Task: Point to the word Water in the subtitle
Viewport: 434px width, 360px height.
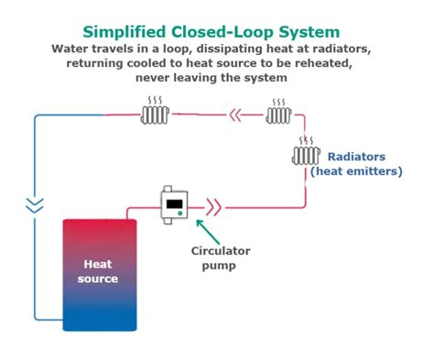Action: (x=71, y=48)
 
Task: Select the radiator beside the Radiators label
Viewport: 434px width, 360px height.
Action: (x=305, y=156)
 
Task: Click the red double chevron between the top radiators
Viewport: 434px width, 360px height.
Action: (x=237, y=115)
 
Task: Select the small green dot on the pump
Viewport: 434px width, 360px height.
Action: (x=180, y=215)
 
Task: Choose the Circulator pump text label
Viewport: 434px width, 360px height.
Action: (x=220, y=258)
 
